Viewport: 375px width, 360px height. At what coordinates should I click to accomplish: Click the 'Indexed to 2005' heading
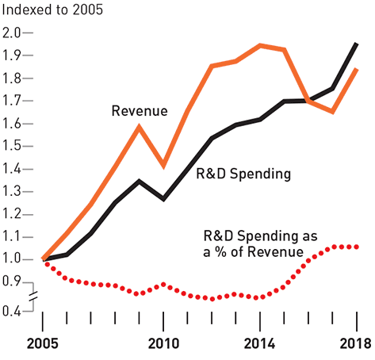[x=52, y=10]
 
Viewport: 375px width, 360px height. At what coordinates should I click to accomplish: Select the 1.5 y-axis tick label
[x=11, y=146]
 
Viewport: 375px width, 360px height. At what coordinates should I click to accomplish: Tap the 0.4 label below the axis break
[x=11, y=311]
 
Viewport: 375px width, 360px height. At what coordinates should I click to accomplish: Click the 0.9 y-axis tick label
[x=11, y=281]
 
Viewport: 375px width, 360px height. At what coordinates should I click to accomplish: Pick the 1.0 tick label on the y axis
[x=11, y=259]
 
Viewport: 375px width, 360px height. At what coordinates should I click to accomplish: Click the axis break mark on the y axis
[x=33, y=296]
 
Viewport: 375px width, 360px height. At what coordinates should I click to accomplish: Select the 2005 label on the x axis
[x=42, y=344]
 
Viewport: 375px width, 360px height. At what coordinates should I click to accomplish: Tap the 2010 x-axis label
[x=163, y=344]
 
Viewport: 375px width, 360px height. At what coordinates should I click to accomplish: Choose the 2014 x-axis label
[x=259, y=344]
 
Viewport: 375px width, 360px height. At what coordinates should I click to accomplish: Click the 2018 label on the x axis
[x=355, y=344]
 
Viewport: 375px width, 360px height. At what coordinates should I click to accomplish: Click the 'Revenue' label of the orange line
[x=140, y=111]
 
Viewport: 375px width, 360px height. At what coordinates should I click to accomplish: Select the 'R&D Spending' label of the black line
[x=243, y=174]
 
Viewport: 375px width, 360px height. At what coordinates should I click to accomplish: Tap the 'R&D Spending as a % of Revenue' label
[x=260, y=243]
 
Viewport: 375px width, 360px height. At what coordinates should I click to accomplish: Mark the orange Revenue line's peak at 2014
[x=260, y=46]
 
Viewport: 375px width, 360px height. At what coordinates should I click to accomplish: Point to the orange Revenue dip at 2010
[x=164, y=166]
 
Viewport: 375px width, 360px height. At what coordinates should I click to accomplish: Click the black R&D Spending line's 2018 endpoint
[x=357, y=44]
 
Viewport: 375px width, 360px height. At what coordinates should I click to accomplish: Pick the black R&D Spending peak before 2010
[x=139, y=181]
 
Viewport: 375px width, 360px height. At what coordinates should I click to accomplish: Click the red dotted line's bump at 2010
[x=163, y=285]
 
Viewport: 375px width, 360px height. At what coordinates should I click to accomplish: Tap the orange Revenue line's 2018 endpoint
[x=357, y=69]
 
